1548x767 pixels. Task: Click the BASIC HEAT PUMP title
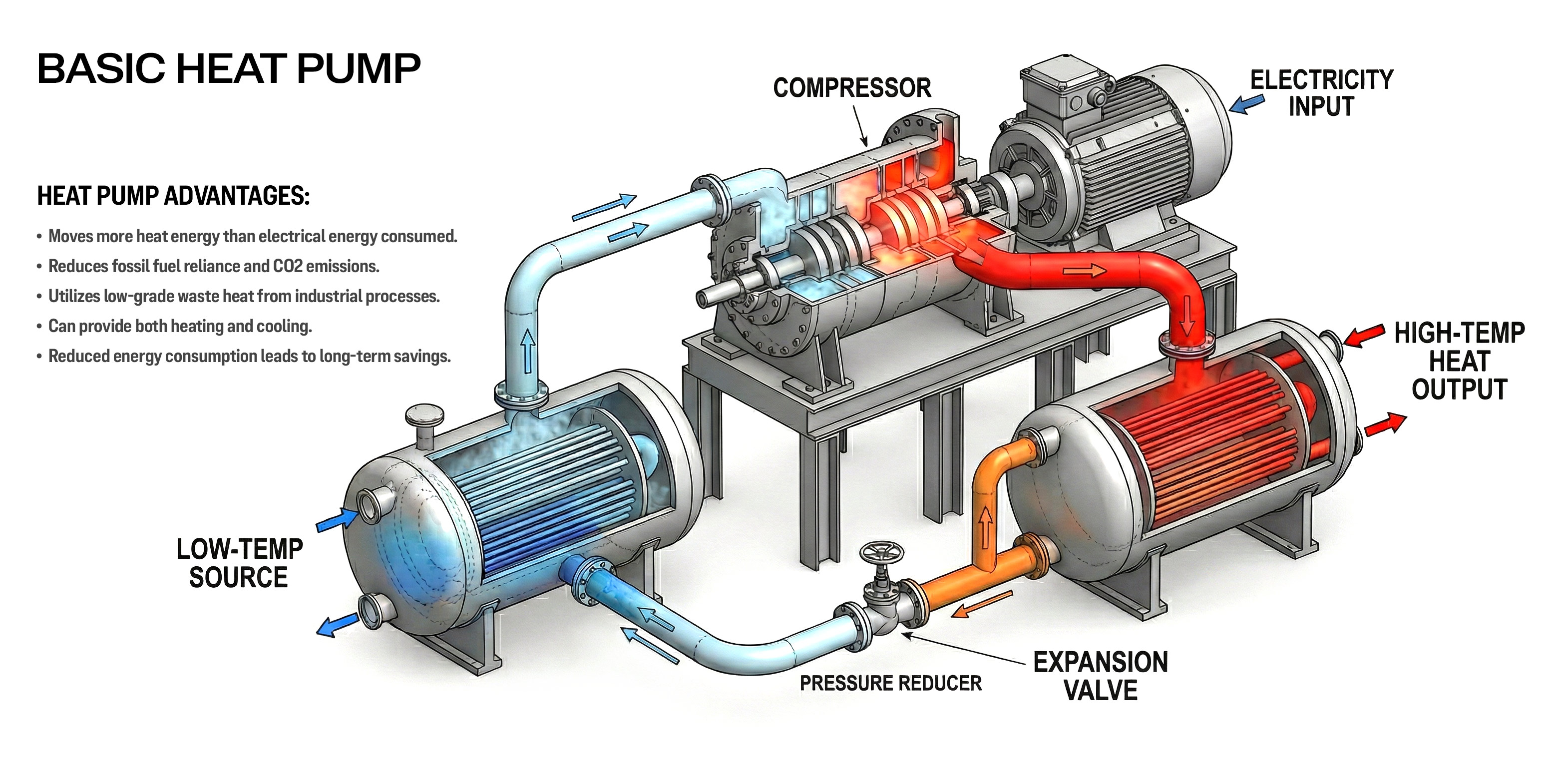pos(228,68)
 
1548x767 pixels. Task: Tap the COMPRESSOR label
pos(852,88)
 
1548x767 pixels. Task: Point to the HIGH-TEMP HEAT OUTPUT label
pos(1459,361)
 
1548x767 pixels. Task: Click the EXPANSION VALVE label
pos(1100,676)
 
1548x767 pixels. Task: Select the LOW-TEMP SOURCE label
pos(239,563)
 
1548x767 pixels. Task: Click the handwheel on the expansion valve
pos(881,552)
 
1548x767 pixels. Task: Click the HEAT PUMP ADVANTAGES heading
pos(174,196)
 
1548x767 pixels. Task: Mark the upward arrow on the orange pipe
pos(986,527)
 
